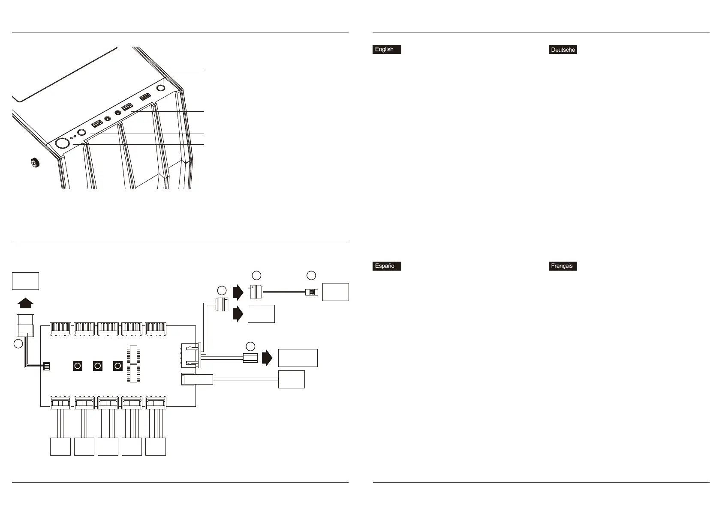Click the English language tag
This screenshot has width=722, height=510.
[x=387, y=49]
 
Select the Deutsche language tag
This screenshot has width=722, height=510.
[x=563, y=50]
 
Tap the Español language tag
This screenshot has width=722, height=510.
[x=387, y=266]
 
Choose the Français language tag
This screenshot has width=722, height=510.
[x=563, y=266]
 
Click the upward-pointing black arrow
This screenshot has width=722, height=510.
[x=25, y=303]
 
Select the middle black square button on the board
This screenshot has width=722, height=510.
[x=98, y=366]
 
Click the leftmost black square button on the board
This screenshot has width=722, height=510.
[x=78, y=366]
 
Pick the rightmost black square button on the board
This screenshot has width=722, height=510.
[x=118, y=366]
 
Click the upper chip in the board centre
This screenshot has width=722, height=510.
[x=133, y=354]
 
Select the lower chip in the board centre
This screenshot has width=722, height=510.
[x=133, y=373]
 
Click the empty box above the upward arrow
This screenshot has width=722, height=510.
[x=25, y=281]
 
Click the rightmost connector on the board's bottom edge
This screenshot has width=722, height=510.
[x=156, y=403]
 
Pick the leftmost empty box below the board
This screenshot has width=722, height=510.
[x=60, y=446]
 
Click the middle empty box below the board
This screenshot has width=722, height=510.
[x=108, y=446]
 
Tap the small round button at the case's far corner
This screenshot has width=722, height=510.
[x=162, y=88]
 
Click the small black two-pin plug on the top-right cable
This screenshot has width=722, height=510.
[x=312, y=292]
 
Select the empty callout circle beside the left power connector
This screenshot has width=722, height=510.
[x=18, y=343]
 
